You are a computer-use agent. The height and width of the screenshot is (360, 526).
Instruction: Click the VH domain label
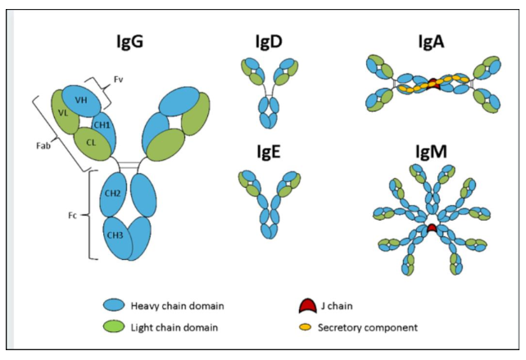(x=81, y=99)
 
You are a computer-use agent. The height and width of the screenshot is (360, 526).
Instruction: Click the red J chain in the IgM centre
(x=431, y=227)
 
